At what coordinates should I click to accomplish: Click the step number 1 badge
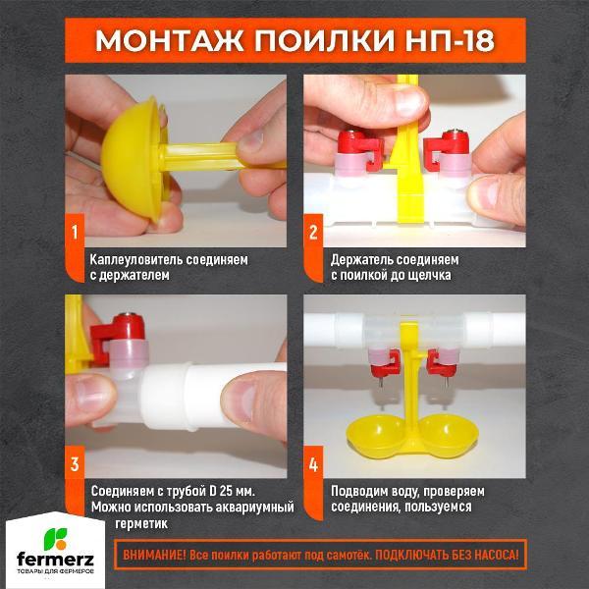click(x=74, y=234)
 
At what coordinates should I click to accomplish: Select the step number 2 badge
click(x=313, y=233)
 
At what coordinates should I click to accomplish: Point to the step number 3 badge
click(x=74, y=462)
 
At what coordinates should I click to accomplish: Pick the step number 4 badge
click(x=313, y=463)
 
